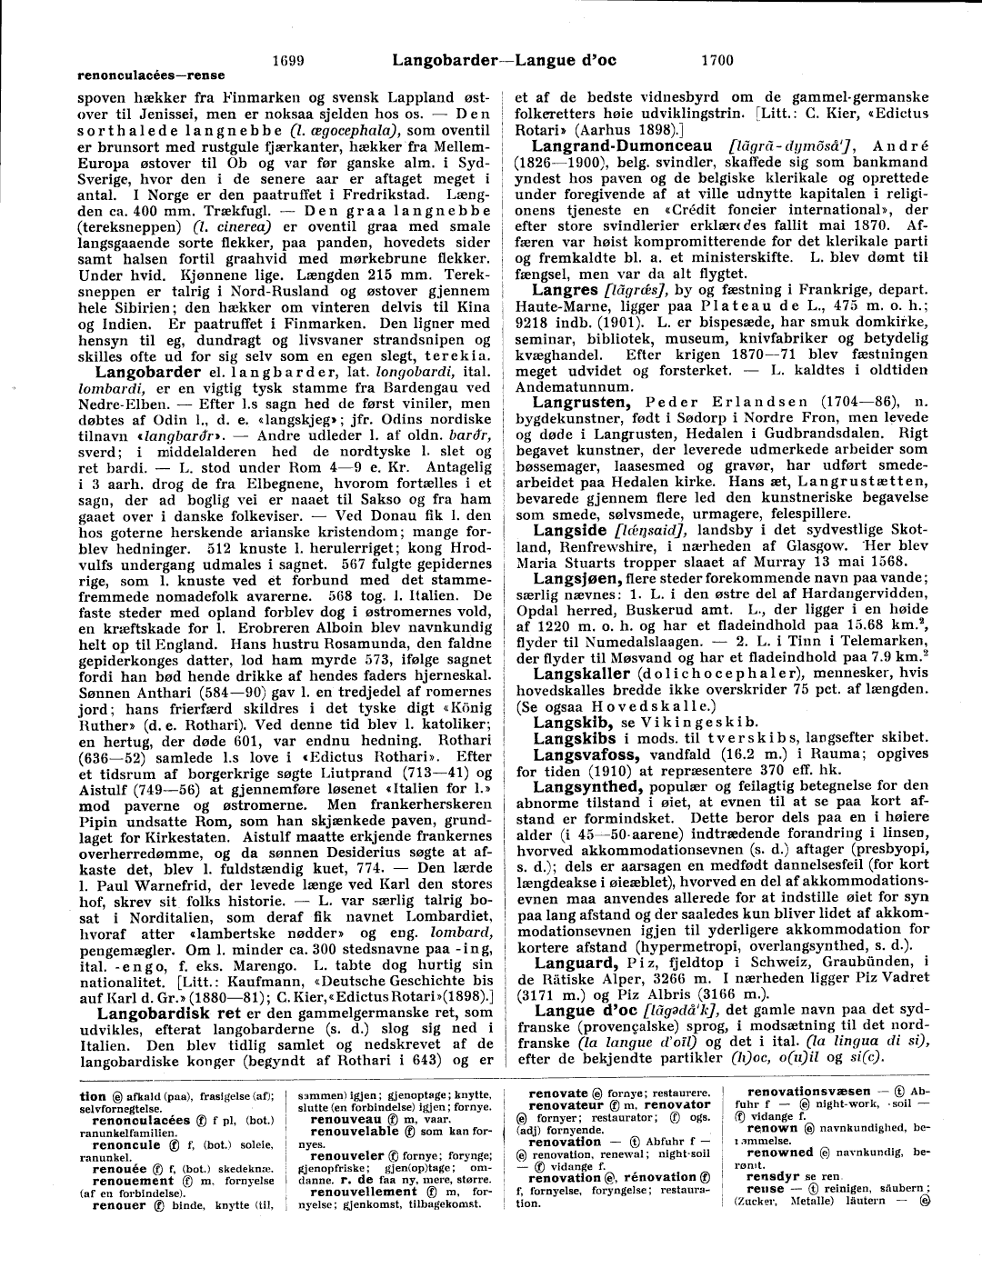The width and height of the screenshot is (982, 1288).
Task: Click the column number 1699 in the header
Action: [x=288, y=61]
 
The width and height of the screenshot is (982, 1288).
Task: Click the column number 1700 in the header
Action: [x=717, y=61]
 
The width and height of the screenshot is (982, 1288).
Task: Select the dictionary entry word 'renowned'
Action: [x=780, y=1152]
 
